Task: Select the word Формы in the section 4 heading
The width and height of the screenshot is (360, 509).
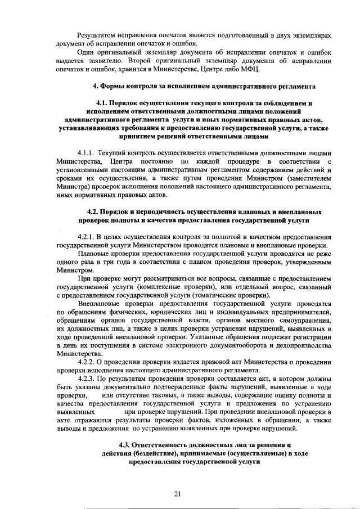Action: (x=112, y=86)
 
